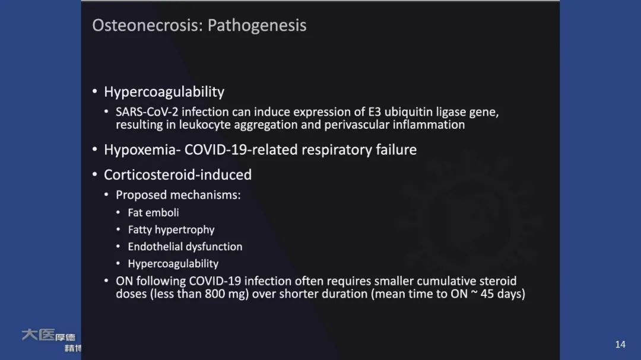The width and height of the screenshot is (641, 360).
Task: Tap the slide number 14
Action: point(620,345)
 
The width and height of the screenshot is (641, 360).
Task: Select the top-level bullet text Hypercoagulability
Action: point(164,92)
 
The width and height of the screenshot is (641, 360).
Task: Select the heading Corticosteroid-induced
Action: point(177,175)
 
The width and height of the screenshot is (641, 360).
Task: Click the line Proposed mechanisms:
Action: point(178,195)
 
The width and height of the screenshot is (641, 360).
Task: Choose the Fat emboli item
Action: point(153,212)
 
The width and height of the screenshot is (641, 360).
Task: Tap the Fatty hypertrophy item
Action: point(171,230)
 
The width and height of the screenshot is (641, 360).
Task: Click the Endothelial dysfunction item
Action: point(185,247)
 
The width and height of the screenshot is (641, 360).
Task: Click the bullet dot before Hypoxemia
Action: point(95,150)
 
